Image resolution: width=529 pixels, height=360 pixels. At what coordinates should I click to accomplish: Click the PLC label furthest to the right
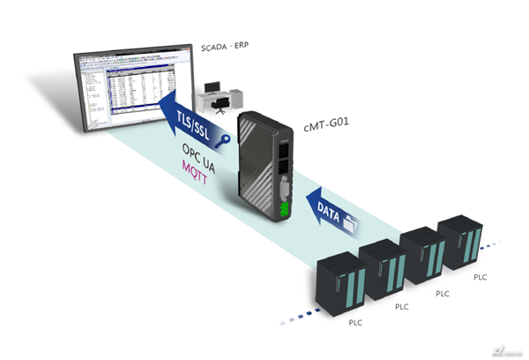click(x=481, y=277)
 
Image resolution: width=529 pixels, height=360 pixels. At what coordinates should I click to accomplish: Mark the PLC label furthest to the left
click(x=354, y=323)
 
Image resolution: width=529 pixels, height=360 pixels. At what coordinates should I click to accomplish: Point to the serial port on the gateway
click(x=283, y=186)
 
